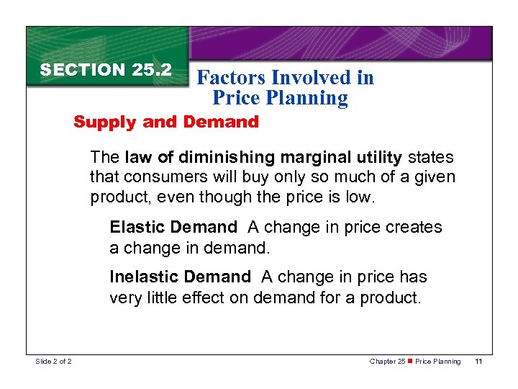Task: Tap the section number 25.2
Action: pos(152,70)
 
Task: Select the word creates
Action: pos(416,228)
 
